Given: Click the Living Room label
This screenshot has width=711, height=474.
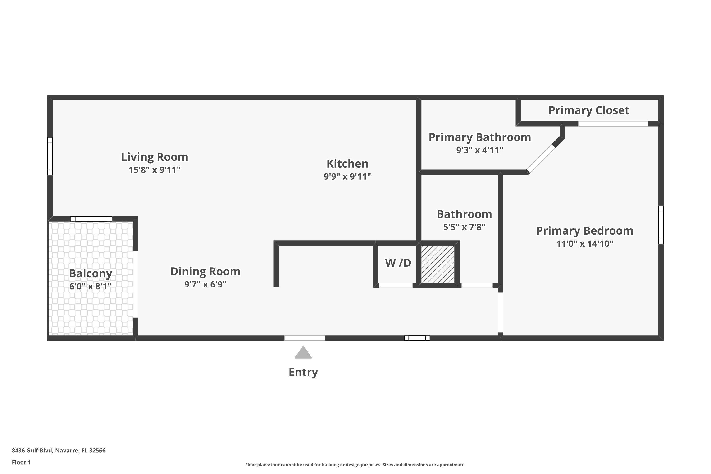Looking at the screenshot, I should tap(155, 157).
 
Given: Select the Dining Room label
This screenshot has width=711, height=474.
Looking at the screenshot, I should tap(205, 271).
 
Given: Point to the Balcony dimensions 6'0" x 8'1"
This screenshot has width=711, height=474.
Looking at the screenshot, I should tap(90, 286).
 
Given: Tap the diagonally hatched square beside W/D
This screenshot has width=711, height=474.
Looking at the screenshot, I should tap(438, 264).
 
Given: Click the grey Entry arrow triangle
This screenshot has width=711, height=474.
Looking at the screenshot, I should tap(303, 353).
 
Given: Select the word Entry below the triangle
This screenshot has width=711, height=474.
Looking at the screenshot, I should tap(303, 372).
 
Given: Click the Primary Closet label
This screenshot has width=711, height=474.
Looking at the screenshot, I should tap(588, 110).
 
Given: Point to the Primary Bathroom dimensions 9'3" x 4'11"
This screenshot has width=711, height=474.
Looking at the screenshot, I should tap(479, 150).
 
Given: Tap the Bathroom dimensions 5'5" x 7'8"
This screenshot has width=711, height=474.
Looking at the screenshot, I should tap(464, 227).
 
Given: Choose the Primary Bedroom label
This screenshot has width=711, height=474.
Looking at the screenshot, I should tap(584, 231).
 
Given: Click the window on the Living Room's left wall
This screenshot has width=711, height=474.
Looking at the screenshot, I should tap(50, 156).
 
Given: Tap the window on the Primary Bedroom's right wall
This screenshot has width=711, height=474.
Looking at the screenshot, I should tap(661, 225).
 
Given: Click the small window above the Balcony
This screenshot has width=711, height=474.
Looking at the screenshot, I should tap(91, 219).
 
